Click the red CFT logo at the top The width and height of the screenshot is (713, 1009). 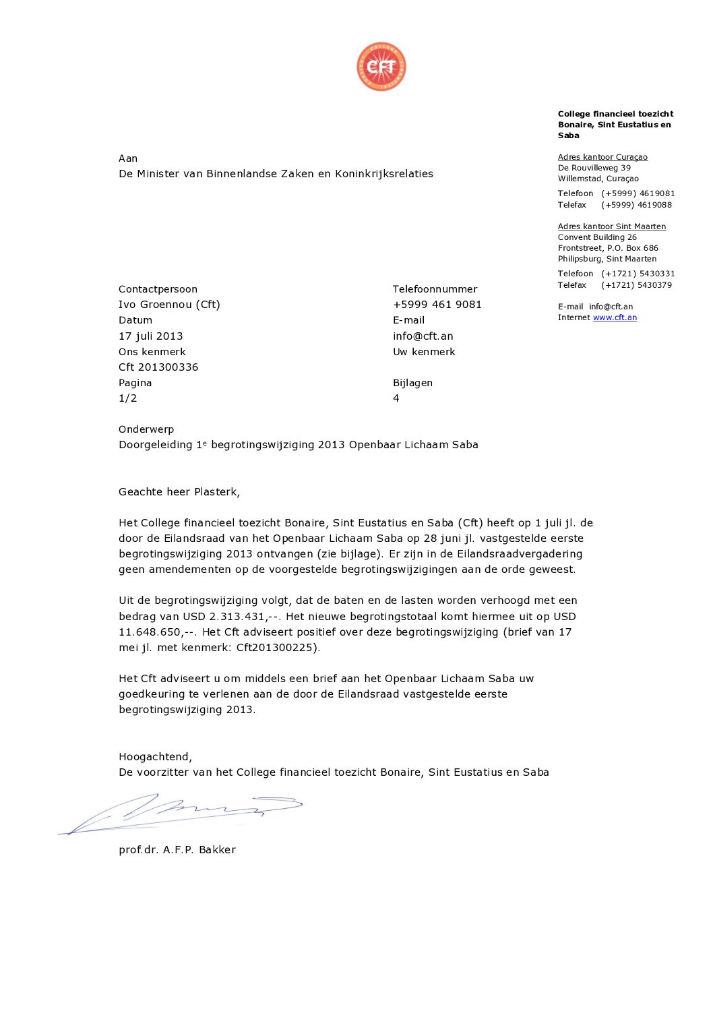(381, 67)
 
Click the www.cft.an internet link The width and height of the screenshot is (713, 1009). (615, 317)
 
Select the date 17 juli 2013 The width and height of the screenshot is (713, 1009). (150, 336)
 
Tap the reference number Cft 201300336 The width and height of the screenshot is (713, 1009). (158, 367)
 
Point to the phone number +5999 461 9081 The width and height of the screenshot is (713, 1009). (437, 305)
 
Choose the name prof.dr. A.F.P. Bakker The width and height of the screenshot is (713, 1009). (177, 850)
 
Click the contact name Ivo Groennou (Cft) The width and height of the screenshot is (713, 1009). (169, 305)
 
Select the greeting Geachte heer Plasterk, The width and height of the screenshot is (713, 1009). (179, 492)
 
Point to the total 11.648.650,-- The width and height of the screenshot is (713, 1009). (158, 632)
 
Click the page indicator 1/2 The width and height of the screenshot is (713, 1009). (127, 398)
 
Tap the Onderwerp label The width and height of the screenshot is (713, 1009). (146, 429)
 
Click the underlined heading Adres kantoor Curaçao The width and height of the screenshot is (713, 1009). (602, 157)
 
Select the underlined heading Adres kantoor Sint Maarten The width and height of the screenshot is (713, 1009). (611, 226)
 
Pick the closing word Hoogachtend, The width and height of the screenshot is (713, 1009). (155, 757)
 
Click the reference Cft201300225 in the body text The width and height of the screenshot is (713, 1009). (276, 648)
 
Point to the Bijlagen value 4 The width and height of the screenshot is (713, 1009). (396, 398)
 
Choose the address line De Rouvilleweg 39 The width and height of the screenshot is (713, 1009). (594, 168)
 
